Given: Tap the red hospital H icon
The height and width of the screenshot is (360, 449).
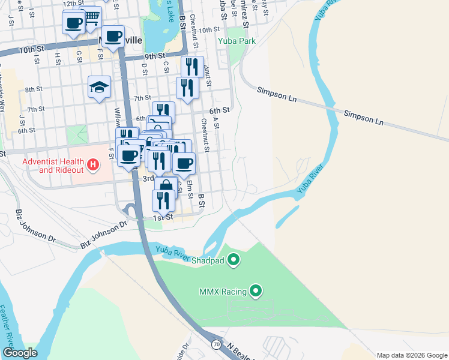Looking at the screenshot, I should click(93, 164).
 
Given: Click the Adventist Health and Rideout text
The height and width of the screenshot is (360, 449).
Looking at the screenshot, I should click(53, 165).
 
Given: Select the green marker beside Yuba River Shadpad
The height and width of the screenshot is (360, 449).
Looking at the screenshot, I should click(234, 260).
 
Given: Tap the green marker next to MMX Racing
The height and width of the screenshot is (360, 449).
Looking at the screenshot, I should click(256, 292).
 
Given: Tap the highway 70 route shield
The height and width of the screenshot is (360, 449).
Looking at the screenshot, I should click(216, 344).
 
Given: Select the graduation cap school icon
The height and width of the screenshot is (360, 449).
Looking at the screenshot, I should click(99, 88).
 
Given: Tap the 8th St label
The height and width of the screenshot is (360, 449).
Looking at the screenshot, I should click(34, 89).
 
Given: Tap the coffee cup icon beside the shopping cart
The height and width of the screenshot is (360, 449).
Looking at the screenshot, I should click(74, 23).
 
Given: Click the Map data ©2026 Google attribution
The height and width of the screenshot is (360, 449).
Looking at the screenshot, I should click(412, 355).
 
